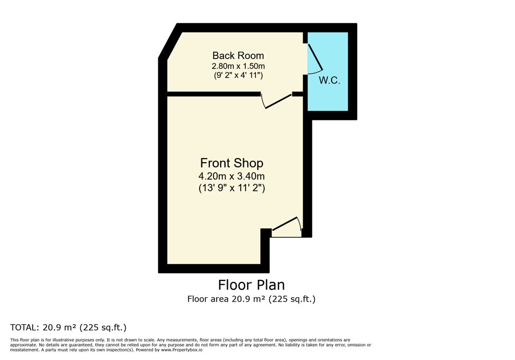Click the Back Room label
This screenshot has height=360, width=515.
pos(238,55)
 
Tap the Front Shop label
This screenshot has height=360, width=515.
pos(231,163)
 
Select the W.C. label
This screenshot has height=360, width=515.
pos(329,81)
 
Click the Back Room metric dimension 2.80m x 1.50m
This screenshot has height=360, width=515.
pos(238,66)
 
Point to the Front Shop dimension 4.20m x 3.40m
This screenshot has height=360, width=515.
pos(231,176)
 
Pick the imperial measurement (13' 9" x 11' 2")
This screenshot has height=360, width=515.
pos(232,188)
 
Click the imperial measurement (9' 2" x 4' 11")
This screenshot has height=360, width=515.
pos(238,75)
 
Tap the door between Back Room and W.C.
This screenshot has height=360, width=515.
pos(315,58)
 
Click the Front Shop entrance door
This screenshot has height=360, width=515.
pos(286,226)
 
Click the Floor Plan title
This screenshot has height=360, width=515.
pos(251,285)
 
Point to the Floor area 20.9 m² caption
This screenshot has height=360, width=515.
pos(251,299)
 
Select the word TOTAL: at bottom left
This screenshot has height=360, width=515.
pos(25,328)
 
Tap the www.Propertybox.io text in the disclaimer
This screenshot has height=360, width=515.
pos(182,350)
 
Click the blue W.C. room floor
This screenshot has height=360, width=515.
pos(328,72)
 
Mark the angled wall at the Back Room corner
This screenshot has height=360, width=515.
pos(170,42)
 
